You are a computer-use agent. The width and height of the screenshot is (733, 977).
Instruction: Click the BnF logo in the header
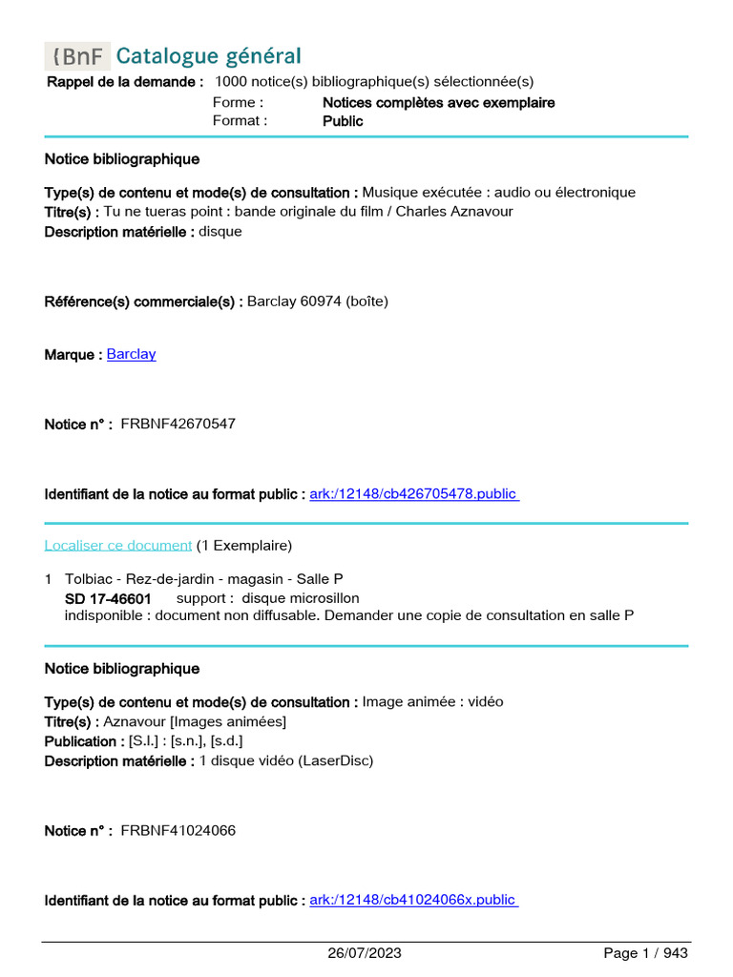pos(77,56)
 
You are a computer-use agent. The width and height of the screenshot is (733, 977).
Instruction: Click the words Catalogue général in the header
pos(208,56)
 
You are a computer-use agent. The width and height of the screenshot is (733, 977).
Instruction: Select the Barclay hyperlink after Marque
pos(131,354)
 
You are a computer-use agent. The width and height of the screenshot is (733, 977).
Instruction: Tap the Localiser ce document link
pos(118,546)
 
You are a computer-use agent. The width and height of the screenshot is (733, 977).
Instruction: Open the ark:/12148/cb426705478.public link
pos(414,494)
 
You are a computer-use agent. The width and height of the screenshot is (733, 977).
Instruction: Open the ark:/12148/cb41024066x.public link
pos(414,901)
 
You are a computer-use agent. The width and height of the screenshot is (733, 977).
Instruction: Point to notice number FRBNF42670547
pos(178,424)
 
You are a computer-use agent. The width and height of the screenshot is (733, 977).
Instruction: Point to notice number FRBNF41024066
pos(178,831)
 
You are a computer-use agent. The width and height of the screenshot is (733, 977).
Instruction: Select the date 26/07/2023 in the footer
pos(365,953)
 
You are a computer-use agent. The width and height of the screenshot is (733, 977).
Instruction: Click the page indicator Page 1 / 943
pos(645,953)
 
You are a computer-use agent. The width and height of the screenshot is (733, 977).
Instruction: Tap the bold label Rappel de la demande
pos(125,82)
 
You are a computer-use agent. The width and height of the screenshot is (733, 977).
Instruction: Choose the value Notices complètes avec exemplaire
pos(438,102)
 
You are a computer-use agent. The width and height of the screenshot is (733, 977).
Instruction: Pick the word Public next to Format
pos(343,121)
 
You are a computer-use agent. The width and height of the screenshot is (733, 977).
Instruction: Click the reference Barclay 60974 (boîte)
pos(318,301)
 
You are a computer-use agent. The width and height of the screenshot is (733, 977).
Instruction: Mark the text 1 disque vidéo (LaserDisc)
pos(286,760)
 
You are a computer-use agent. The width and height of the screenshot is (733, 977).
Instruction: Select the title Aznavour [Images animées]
pos(195,721)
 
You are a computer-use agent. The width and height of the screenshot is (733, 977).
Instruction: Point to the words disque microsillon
pos(301,598)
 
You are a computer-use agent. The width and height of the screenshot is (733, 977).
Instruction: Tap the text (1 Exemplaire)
pos(244,546)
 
